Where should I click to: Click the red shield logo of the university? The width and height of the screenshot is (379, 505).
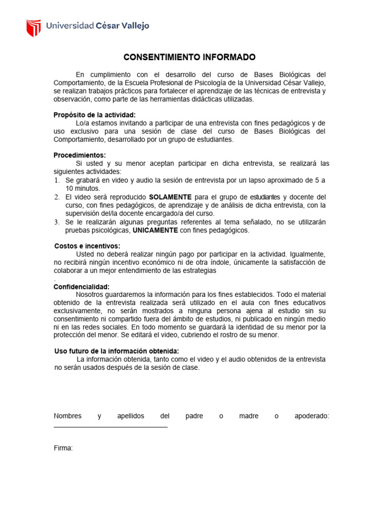pyautogui.click(x=34, y=28)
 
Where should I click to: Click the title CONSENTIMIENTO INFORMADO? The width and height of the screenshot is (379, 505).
pyautogui.click(x=189, y=57)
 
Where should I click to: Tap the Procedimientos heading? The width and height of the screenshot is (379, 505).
pyautogui.click(x=79, y=155)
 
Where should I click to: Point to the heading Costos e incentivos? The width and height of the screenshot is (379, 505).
pyautogui.click(x=87, y=246)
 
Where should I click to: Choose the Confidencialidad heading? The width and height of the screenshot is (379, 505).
pyautogui.click(x=81, y=287)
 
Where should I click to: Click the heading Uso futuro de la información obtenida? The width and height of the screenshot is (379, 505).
pyautogui.click(x=116, y=351)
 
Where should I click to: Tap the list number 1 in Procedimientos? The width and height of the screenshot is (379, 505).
pyautogui.click(x=56, y=180)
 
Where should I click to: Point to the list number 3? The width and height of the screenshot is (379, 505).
pyautogui.click(x=56, y=222)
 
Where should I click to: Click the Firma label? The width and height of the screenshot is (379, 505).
pyautogui.click(x=63, y=448)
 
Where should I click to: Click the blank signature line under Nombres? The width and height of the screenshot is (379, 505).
pyautogui.click(x=111, y=427)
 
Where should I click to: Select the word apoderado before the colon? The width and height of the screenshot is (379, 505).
pyautogui.click(x=310, y=416)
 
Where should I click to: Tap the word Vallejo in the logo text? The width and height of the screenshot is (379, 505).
pyautogui.click(x=133, y=26)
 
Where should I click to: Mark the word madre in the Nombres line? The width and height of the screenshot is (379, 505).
pyautogui.click(x=249, y=416)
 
